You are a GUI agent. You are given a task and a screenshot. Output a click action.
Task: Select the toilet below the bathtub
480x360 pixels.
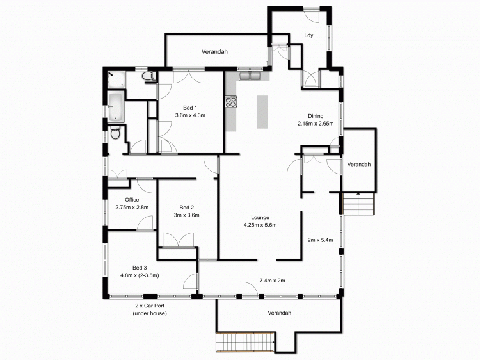click(x=115, y=133)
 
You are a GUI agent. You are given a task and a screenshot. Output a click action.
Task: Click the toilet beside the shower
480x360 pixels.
click(x=148, y=78)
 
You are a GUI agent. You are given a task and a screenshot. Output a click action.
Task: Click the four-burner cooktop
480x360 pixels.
click(x=231, y=101)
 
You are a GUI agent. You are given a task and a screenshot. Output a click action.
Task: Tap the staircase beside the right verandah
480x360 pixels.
click(x=358, y=205)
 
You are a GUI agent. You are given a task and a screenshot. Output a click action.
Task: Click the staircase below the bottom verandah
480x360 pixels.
click(x=245, y=343)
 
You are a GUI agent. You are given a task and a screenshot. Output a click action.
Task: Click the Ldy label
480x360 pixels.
click(x=308, y=35)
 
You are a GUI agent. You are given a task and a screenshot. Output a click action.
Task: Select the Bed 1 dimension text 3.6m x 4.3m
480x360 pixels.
click(x=189, y=115)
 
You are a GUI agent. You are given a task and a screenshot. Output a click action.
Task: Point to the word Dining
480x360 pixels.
click(x=316, y=116)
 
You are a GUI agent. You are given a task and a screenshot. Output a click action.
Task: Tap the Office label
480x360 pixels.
click(x=132, y=200)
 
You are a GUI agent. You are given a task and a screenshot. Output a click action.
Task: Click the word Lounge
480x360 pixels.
click(x=260, y=217)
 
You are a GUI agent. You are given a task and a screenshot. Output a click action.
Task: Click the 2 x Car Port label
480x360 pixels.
click(x=149, y=306)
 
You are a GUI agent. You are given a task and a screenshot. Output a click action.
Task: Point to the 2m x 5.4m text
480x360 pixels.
click(x=321, y=240)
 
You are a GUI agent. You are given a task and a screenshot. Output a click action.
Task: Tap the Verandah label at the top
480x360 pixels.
click(x=214, y=51)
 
